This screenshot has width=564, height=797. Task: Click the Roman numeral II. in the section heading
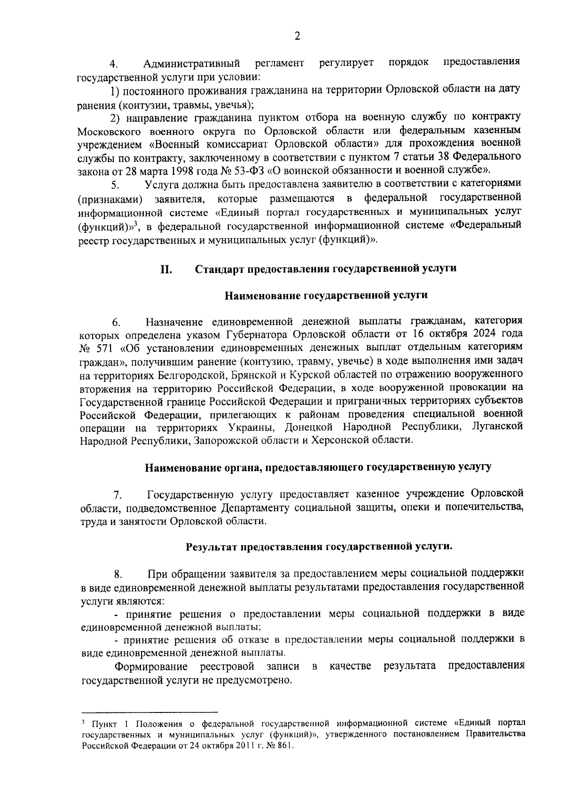pyautogui.click(x=166, y=269)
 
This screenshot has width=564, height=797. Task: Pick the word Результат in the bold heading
pyautogui.click(x=212, y=547)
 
